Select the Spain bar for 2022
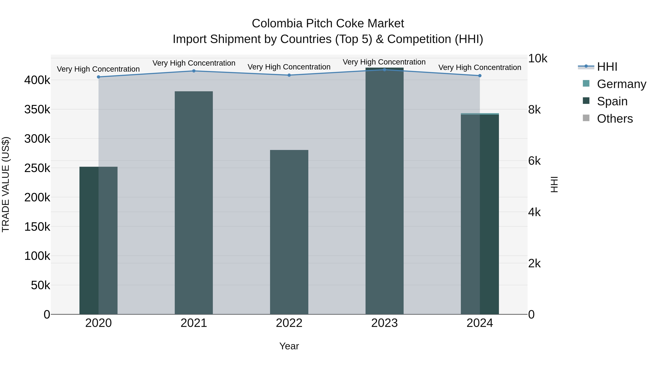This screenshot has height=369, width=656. coord(289,232)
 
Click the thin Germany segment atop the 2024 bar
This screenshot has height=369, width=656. coord(480,114)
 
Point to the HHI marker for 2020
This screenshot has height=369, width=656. coord(99,77)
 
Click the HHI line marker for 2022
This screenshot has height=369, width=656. coord(289,75)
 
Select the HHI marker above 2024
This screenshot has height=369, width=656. coord(480,76)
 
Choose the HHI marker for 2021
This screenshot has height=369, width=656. coord(194,71)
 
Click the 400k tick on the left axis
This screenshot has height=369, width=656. coord(37,80)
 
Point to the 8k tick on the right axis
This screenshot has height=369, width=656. coord(534,110)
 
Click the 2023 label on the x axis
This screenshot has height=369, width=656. coord(384,323)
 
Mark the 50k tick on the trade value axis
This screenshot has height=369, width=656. coord(40,285)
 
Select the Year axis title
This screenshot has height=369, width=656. coord(289,346)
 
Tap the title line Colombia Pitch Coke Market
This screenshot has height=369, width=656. coord(328,24)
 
